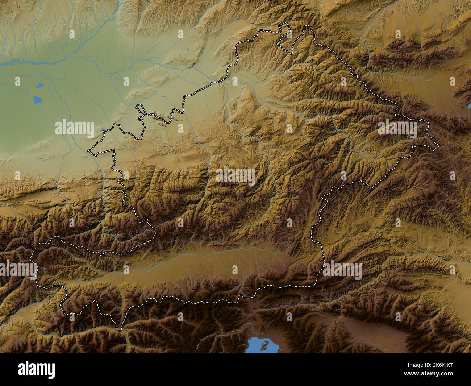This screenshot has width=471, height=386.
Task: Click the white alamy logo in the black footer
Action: pos(37,370)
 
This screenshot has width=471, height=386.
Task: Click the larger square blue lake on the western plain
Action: pos(37,99)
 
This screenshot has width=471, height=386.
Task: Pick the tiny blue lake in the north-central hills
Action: pos(188,49)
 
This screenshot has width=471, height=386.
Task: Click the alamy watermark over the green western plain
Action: pos(75,128)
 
